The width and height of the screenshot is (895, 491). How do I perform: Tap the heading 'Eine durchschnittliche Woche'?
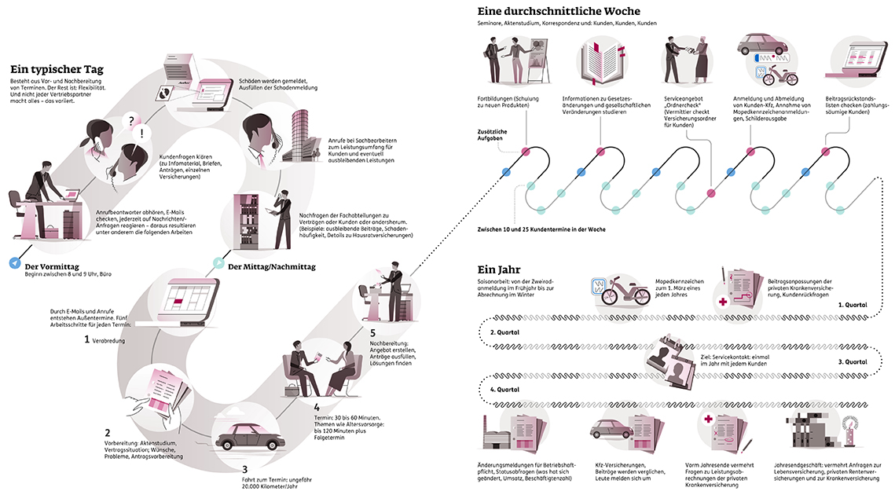pyautogui.click(x=558, y=11)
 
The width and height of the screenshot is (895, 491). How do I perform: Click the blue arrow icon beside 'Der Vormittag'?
pyautogui.click(x=16, y=263)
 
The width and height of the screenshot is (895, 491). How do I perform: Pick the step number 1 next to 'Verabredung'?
pyautogui.click(x=88, y=339)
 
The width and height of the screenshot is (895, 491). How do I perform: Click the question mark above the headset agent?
pyautogui.click(x=132, y=119)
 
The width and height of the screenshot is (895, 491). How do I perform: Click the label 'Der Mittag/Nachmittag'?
pyautogui.click(x=271, y=266)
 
